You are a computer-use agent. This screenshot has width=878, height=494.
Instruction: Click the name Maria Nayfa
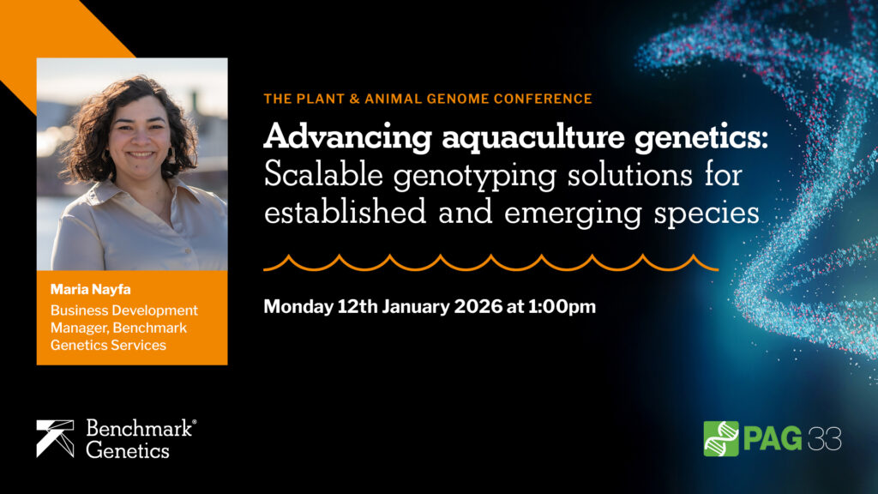point(87,289)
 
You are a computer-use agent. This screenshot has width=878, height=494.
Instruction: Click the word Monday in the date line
point(295,306)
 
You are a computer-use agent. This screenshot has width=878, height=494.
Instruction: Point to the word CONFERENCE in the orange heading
point(544,99)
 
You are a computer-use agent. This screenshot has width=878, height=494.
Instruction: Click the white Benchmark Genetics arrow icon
point(56,438)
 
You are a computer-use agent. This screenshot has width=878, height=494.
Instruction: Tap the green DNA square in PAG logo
point(721,438)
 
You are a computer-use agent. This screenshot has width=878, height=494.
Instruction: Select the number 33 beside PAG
point(826,438)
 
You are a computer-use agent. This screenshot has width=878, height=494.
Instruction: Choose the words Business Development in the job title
point(123,310)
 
